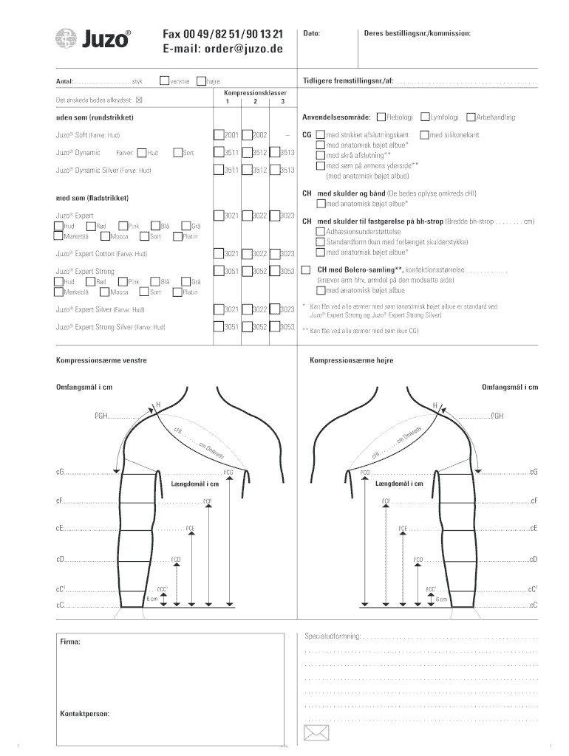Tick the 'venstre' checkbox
(x=165, y=80)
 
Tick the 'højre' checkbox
(x=202, y=80)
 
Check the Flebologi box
(x=381, y=117)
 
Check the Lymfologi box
(x=425, y=117)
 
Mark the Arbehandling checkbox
(x=471, y=117)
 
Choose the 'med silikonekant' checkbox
(x=423, y=135)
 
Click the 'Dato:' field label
(x=312, y=33)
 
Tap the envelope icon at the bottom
(x=316, y=732)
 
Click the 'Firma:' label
(x=70, y=642)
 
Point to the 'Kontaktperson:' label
(x=85, y=714)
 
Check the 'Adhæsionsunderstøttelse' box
(x=321, y=231)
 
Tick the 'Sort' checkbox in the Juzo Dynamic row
(x=177, y=153)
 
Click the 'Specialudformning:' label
(x=333, y=636)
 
